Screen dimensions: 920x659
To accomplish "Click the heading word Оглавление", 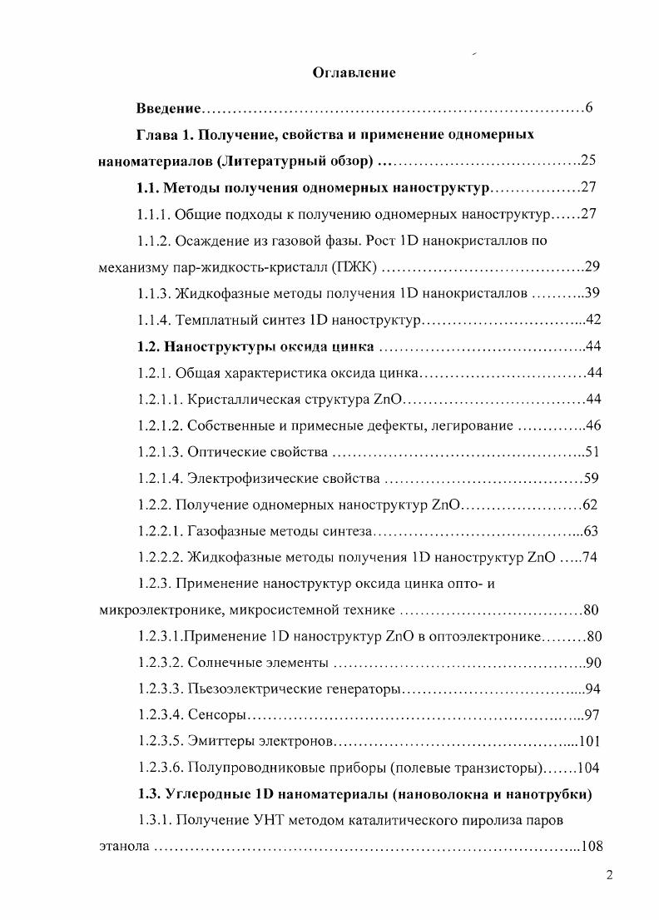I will [354, 72].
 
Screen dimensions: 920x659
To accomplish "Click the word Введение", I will [170, 109].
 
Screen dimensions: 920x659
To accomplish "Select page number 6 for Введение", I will [588, 108].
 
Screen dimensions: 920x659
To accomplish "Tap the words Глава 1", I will [166, 134].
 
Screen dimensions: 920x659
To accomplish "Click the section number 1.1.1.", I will [155, 214].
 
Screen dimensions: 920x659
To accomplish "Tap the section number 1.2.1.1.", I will [161, 400].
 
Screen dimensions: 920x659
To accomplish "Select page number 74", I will [590, 558].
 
